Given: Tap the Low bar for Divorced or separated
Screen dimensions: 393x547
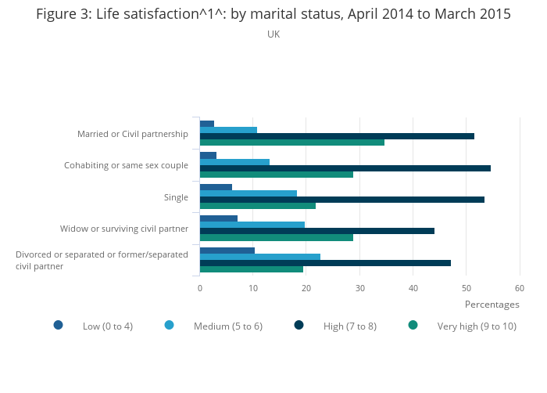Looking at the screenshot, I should (227, 251).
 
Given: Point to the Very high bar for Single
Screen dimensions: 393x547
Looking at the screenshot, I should (257, 206).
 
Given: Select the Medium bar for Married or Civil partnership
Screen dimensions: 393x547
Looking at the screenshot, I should (228, 130).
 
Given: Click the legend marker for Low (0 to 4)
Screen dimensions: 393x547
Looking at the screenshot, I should (59, 325).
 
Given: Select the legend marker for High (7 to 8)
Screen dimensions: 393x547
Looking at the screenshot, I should (299, 325).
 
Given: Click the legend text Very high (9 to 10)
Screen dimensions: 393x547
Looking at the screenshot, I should (477, 326).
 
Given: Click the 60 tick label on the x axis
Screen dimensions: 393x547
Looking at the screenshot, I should (520, 288).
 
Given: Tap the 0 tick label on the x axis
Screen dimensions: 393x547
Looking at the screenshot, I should (200, 288).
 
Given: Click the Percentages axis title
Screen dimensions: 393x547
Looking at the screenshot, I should (492, 305).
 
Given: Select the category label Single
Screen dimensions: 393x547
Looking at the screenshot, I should (176, 197).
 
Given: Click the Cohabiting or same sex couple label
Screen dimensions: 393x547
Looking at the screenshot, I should (126, 165).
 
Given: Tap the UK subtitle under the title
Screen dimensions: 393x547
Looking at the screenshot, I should (273, 34).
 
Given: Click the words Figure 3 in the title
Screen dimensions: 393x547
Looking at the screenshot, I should (62, 14).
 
